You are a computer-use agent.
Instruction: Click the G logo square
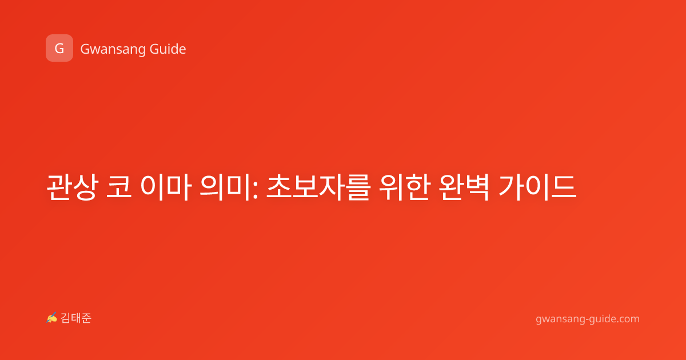click(59, 48)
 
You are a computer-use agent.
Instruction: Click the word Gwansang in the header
click(113, 50)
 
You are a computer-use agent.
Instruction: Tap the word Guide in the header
click(168, 49)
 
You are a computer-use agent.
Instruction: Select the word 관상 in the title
click(72, 187)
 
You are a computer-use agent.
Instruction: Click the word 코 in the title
click(119, 186)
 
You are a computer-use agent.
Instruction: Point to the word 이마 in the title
click(166, 187)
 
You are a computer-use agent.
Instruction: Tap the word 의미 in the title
click(225, 187)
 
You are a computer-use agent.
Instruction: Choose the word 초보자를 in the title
click(318, 187)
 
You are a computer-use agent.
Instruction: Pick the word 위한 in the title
click(404, 187)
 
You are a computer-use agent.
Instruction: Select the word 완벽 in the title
click(463, 187)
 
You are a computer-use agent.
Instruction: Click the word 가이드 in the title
click(537, 187)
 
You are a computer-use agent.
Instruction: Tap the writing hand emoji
click(51, 318)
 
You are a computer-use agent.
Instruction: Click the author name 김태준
click(76, 318)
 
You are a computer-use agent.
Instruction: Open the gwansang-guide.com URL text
click(588, 319)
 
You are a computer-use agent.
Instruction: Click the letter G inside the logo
click(59, 49)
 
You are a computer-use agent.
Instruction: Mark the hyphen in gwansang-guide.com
click(586, 319)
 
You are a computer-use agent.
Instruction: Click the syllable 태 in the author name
click(76, 318)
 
